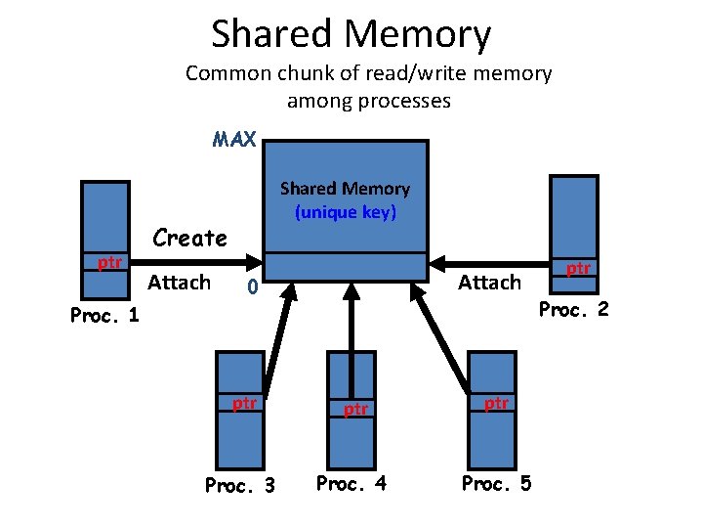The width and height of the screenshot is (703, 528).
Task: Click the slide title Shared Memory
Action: pyautogui.click(x=351, y=34)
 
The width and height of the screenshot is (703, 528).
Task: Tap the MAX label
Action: pyautogui.click(x=234, y=140)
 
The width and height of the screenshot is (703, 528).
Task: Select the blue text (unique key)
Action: pyautogui.click(x=345, y=211)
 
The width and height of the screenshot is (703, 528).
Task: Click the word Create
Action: pyautogui.click(x=189, y=238)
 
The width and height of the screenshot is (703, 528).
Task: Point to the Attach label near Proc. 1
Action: pyautogui.click(x=179, y=283)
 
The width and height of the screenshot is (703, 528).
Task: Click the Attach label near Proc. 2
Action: pyautogui.click(x=489, y=283)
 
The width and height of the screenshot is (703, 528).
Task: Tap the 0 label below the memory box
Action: pyautogui.click(x=251, y=288)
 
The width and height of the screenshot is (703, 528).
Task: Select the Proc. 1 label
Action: pyautogui.click(x=104, y=315)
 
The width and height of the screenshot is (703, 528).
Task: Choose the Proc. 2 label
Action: pyautogui.click(x=574, y=309)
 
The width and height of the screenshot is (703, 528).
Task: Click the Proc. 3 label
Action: pyautogui.click(x=239, y=485)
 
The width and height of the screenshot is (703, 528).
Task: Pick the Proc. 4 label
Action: pyautogui.click(x=351, y=483)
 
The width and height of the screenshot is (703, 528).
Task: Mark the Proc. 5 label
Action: pyautogui.click(x=496, y=483)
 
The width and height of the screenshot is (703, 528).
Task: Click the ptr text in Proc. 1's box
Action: pyautogui.click(x=109, y=262)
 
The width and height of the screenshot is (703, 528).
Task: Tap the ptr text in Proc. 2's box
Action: pyautogui.click(x=579, y=268)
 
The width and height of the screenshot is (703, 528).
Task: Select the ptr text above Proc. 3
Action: pyautogui.click(x=243, y=403)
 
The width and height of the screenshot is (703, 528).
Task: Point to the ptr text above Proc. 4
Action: pyautogui.click(x=355, y=409)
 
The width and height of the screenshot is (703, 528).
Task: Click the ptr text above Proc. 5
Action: pyautogui.click(x=496, y=403)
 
